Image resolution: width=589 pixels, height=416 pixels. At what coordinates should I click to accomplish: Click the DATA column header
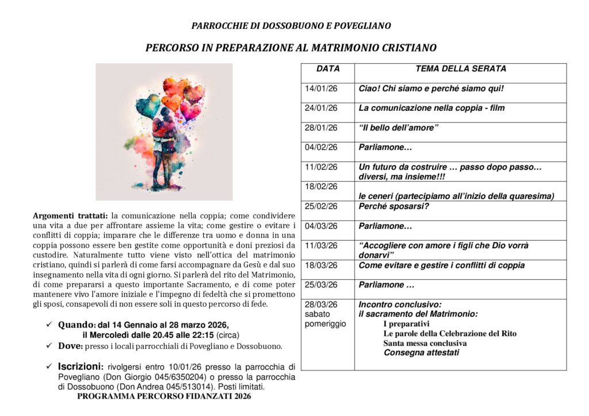click(328, 69)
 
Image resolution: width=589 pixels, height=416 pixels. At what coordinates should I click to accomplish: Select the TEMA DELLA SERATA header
click(461, 69)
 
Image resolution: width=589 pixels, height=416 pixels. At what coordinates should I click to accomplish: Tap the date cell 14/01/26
click(321, 89)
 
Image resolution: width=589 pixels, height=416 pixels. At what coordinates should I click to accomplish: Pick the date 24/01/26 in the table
click(321, 108)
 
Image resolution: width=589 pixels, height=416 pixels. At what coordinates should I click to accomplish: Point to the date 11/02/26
click(321, 167)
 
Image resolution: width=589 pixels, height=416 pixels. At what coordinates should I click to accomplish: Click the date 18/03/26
click(321, 265)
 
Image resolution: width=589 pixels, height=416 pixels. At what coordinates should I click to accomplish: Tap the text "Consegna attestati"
click(422, 353)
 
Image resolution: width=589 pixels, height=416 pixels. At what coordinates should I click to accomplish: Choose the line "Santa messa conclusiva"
click(425, 343)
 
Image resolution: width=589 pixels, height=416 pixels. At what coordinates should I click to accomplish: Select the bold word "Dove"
click(70, 346)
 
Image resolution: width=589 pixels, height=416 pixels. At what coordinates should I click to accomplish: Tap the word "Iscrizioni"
click(80, 367)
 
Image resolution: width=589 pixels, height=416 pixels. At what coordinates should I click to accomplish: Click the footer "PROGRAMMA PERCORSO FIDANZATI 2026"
click(164, 396)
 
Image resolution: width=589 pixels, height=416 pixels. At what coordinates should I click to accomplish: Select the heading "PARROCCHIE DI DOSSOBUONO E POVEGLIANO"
click(291, 26)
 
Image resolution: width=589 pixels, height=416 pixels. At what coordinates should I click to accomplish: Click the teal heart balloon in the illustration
click(148, 105)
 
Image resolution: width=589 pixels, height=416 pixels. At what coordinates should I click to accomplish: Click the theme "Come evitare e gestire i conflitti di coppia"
click(442, 265)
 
